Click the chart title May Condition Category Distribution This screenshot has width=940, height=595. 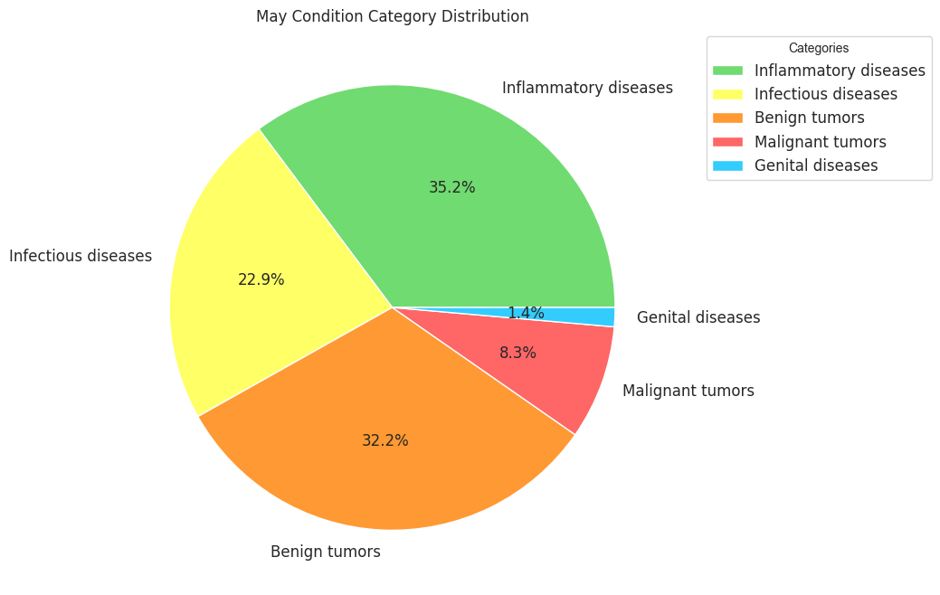coord(392,16)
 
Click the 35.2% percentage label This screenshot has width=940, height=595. coord(451,187)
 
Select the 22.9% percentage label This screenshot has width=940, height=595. coord(261,279)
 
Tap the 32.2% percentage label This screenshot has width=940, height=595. coord(385,440)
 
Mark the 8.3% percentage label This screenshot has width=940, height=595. coord(517,353)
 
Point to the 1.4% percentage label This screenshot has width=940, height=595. coord(526,313)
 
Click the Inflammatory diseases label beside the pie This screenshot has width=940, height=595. coord(587,88)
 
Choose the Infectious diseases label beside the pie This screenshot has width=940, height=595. coord(81,256)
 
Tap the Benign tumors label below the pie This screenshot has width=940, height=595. coord(325,552)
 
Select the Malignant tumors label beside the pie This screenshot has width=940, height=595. coord(688,391)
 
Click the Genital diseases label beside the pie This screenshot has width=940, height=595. coord(698,317)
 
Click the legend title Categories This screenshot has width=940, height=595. coord(818,48)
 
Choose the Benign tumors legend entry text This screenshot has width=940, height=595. coord(809,118)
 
